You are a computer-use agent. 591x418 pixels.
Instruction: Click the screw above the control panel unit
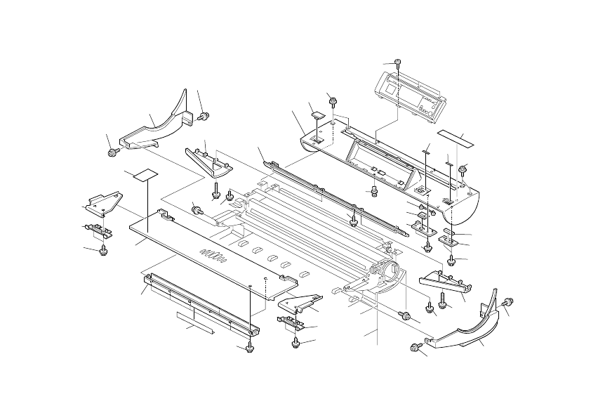tap(398, 63)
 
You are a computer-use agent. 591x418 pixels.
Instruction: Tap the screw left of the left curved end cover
tap(112, 152)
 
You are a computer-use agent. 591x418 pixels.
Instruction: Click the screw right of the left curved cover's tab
tap(204, 115)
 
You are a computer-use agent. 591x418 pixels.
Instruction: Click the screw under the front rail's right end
tap(250, 348)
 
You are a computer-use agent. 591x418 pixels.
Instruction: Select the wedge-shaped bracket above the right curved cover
tap(446, 282)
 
